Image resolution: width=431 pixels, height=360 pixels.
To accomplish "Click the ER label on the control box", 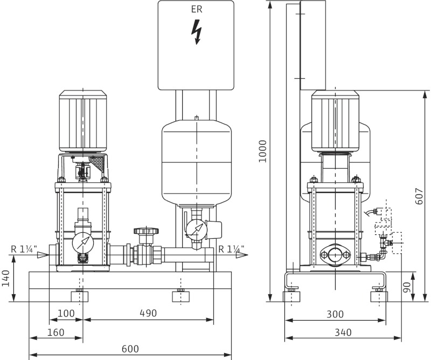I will (x=196, y=9).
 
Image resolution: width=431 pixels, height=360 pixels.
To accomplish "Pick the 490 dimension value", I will (x=148, y=313).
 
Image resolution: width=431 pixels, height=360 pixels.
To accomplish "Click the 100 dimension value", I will (x=66, y=313).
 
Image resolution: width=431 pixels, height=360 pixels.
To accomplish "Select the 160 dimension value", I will (x=55, y=333).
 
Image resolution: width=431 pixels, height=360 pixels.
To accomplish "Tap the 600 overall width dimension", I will (x=130, y=349).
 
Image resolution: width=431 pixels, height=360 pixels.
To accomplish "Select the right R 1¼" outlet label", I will (x=232, y=249).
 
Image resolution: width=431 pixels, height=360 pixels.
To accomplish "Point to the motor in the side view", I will (x=336, y=121).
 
